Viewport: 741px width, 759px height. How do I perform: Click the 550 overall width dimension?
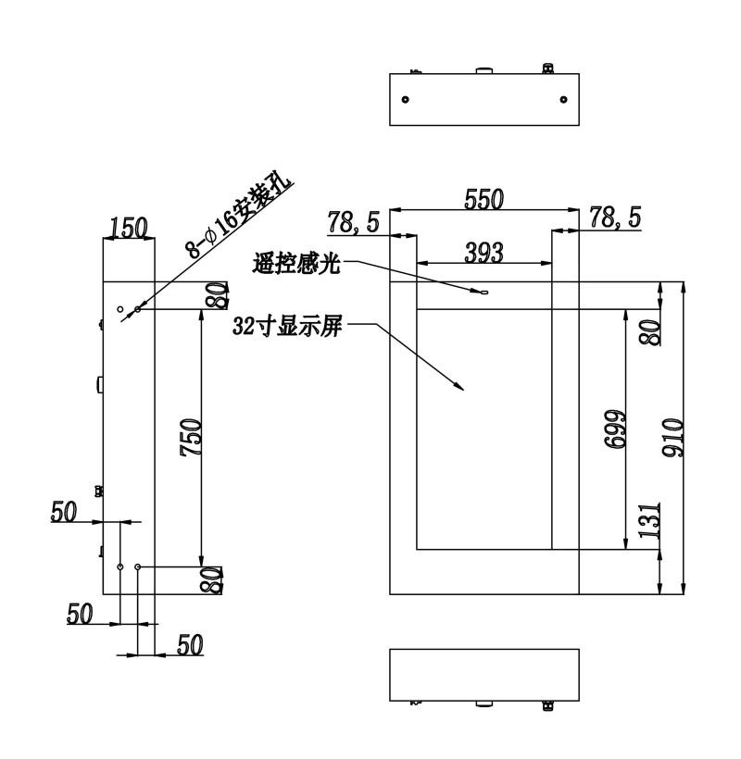click(484, 199)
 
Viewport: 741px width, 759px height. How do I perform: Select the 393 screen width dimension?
click(484, 252)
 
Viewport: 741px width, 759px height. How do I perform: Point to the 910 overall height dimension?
click(673, 438)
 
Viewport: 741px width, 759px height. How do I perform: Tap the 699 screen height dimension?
click(615, 429)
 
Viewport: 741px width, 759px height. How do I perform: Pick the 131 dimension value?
click(649, 521)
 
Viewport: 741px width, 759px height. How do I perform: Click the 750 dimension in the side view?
click(191, 438)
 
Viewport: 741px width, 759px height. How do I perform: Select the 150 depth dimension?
click(129, 228)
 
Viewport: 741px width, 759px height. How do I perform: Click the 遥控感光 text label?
click(295, 264)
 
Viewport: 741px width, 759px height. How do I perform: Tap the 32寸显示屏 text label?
click(287, 326)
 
